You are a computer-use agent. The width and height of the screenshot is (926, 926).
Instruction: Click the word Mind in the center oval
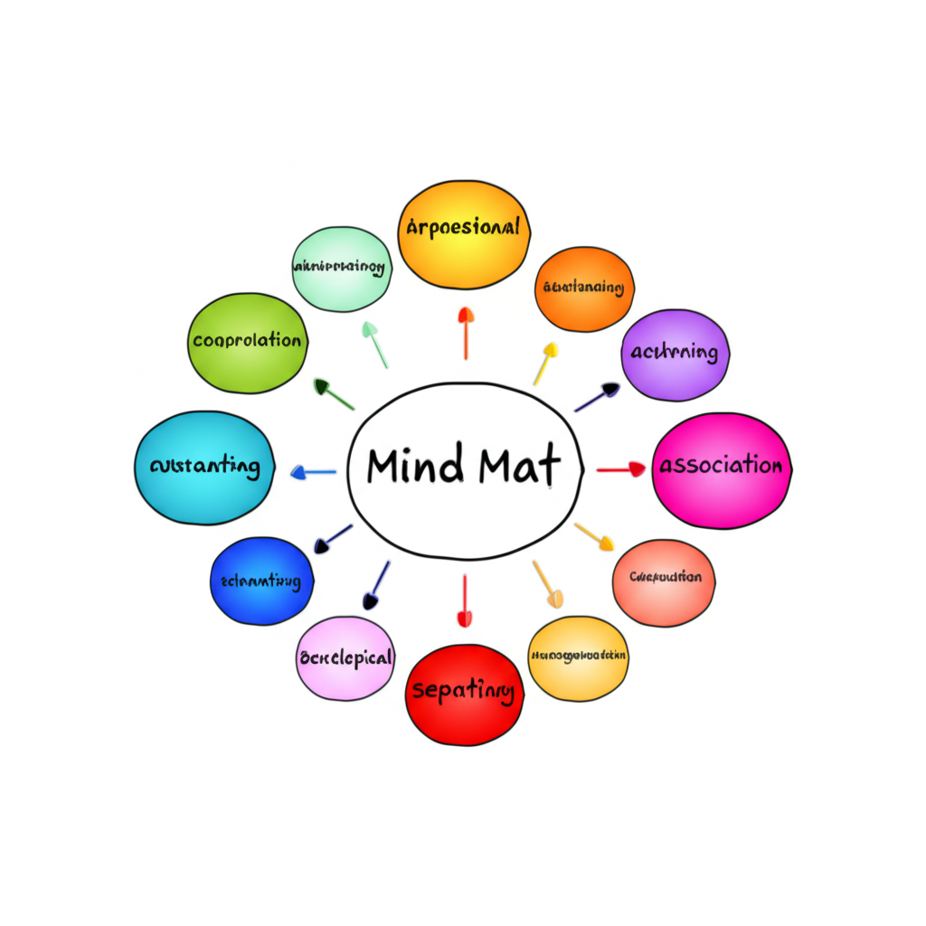coord(416,466)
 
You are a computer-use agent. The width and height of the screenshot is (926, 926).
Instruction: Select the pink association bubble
coord(721,469)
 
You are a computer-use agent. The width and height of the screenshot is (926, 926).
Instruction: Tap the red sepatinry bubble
coord(463,694)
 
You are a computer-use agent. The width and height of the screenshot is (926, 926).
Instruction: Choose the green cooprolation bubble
coord(247,343)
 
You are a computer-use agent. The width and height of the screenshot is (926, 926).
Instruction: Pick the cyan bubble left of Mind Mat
coord(204,468)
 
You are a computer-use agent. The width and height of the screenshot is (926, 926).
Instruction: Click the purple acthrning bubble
coord(675,354)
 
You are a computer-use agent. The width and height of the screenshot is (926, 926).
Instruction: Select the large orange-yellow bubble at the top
coord(463,233)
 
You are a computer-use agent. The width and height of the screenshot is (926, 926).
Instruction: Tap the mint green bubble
coord(341,269)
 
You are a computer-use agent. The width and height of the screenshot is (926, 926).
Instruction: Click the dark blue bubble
coord(260,581)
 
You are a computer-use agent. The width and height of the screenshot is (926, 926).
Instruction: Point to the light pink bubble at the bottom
coord(345,658)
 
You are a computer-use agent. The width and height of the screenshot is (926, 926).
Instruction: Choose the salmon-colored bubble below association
coord(664,582)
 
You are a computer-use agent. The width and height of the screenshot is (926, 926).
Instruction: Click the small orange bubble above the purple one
coord(584,288)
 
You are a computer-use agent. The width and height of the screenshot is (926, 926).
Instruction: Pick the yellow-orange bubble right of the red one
coord(578,657)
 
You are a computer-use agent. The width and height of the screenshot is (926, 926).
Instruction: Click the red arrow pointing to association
coord(621,469)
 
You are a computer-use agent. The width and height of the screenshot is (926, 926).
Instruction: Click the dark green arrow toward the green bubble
coord(333,394)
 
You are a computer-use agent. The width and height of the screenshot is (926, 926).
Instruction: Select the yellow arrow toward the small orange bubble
coord(544,363)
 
